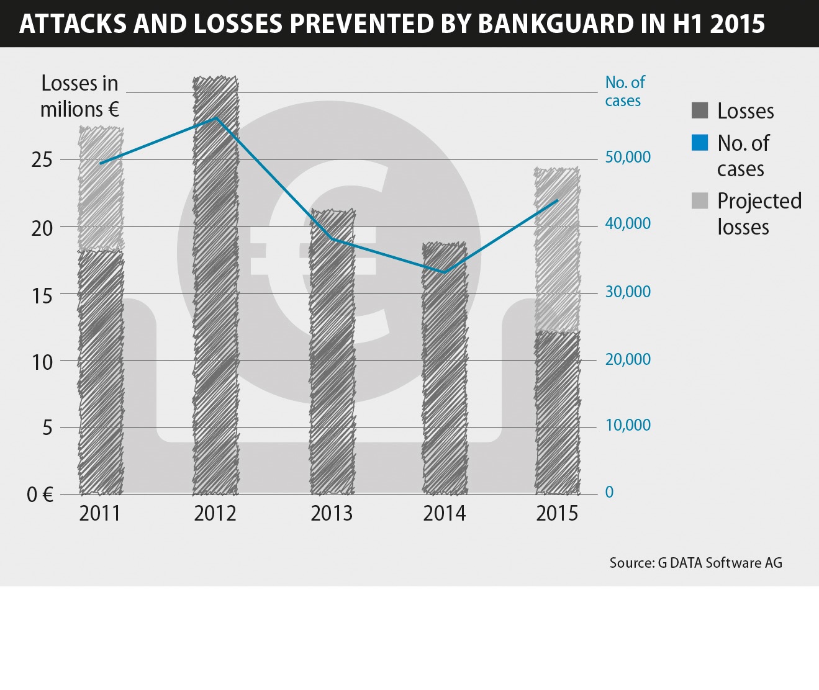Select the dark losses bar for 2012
click(215, 285)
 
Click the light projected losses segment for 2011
click(101, 189)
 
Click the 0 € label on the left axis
click(40, 495)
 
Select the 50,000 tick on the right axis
click(628, 157)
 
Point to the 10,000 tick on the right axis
click(628, 426)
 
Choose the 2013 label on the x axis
click(332, 514)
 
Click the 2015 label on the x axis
click(557, 514)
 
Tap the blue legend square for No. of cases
click(700, 143)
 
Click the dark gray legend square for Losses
click(700, 110)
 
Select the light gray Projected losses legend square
click(700, 200)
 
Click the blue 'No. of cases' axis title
click(625, 91)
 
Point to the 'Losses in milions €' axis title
click(79, 96)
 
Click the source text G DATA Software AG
click(695, 563)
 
